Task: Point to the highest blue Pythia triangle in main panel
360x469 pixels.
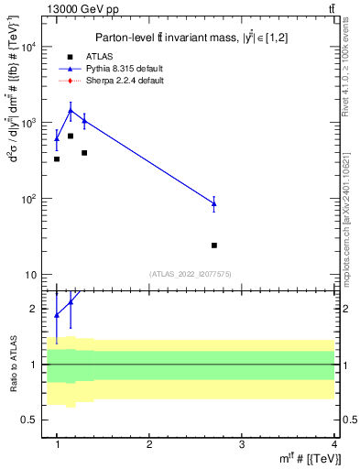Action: tap(71, 110)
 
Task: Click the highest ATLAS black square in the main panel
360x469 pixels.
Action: tap(71, 136)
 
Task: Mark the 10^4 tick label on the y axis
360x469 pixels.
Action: tap(29, 48)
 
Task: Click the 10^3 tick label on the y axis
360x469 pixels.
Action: tap(29, 124)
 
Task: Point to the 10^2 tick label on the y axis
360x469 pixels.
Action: tap(29, 200)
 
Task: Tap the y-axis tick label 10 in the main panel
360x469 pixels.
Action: tap(32, 276)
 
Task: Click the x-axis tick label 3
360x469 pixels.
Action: tap(241, 444)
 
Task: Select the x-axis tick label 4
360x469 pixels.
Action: tap(333, 444)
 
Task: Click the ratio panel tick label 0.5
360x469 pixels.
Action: tap(30, 420)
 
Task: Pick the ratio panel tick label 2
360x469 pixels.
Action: tap(35, 310)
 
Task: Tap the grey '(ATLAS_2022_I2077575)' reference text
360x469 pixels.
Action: tap(190, 274)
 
